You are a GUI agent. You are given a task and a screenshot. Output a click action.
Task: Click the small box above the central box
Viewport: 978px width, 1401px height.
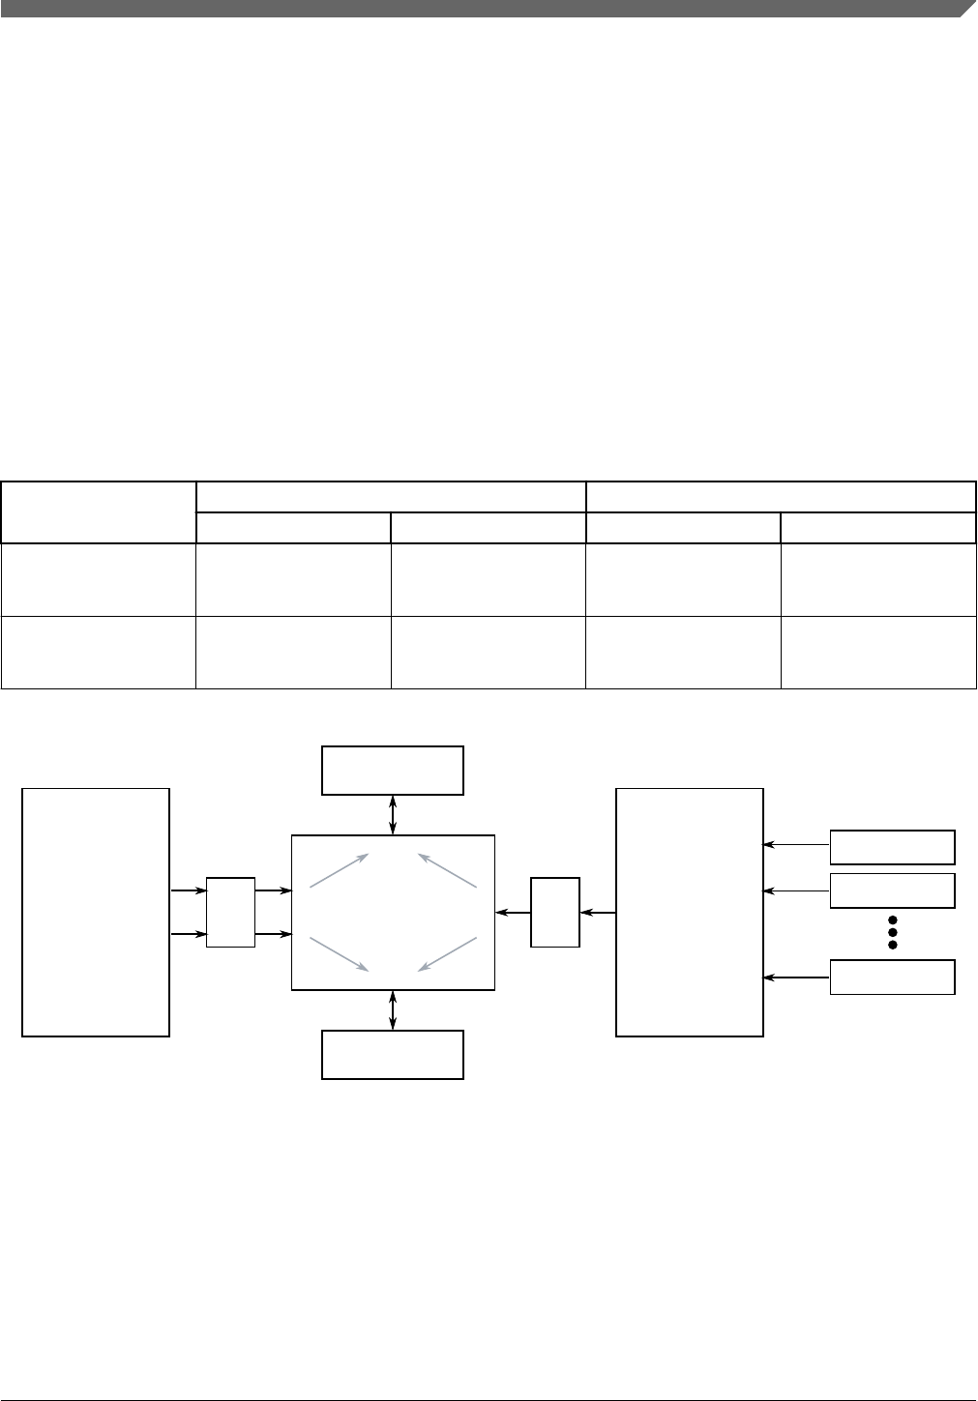[x=393, y=771]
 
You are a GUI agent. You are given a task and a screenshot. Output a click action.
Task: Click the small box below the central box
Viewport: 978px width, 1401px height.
[x=393, y=1055]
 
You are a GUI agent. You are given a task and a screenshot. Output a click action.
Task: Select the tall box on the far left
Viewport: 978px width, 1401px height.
[x=96, y=913]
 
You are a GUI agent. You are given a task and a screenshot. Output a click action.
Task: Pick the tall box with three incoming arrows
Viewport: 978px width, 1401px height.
[x=690, y=913]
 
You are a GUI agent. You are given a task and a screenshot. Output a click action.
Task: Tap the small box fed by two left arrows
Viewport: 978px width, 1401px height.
[x=231, y=913]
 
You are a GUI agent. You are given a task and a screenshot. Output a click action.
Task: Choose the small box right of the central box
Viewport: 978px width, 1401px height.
[x=555, y=913]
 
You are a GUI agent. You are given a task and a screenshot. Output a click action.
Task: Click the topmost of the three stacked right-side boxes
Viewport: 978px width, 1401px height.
[x=893, y=847]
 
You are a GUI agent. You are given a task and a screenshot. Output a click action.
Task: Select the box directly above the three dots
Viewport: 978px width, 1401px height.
[x=893, y=890]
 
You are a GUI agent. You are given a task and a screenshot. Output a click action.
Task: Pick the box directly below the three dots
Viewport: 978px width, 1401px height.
[x=893, y=978]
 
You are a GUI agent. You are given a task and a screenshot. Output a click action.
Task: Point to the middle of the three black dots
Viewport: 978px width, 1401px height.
[x=894, y=931]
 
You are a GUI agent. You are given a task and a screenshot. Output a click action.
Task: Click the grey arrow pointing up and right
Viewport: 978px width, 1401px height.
[x=339, y=870]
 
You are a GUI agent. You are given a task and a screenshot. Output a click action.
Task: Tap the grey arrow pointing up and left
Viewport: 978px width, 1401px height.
[x=447, y=870]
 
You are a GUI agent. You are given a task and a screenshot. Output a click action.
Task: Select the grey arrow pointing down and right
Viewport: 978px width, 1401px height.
[x=339, y=953]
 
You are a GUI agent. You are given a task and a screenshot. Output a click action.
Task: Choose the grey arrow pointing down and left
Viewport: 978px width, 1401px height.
[x=447, y=953]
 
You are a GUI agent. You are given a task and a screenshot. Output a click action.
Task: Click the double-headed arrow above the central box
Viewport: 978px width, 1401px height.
[x=392, y=814]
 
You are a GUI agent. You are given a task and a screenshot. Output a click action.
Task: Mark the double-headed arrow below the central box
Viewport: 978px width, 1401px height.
[x=392, y=1010]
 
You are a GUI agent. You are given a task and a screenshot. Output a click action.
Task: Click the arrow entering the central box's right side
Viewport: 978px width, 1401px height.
[x=513, y=913]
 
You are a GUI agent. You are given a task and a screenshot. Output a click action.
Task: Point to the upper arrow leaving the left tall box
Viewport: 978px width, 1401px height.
[x=189, y=890]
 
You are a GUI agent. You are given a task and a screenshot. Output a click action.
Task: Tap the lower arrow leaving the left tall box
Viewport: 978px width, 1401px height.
[x=189, y=934]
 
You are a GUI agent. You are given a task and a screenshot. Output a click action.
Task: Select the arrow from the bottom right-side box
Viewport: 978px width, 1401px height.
[x=797, y=978]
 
